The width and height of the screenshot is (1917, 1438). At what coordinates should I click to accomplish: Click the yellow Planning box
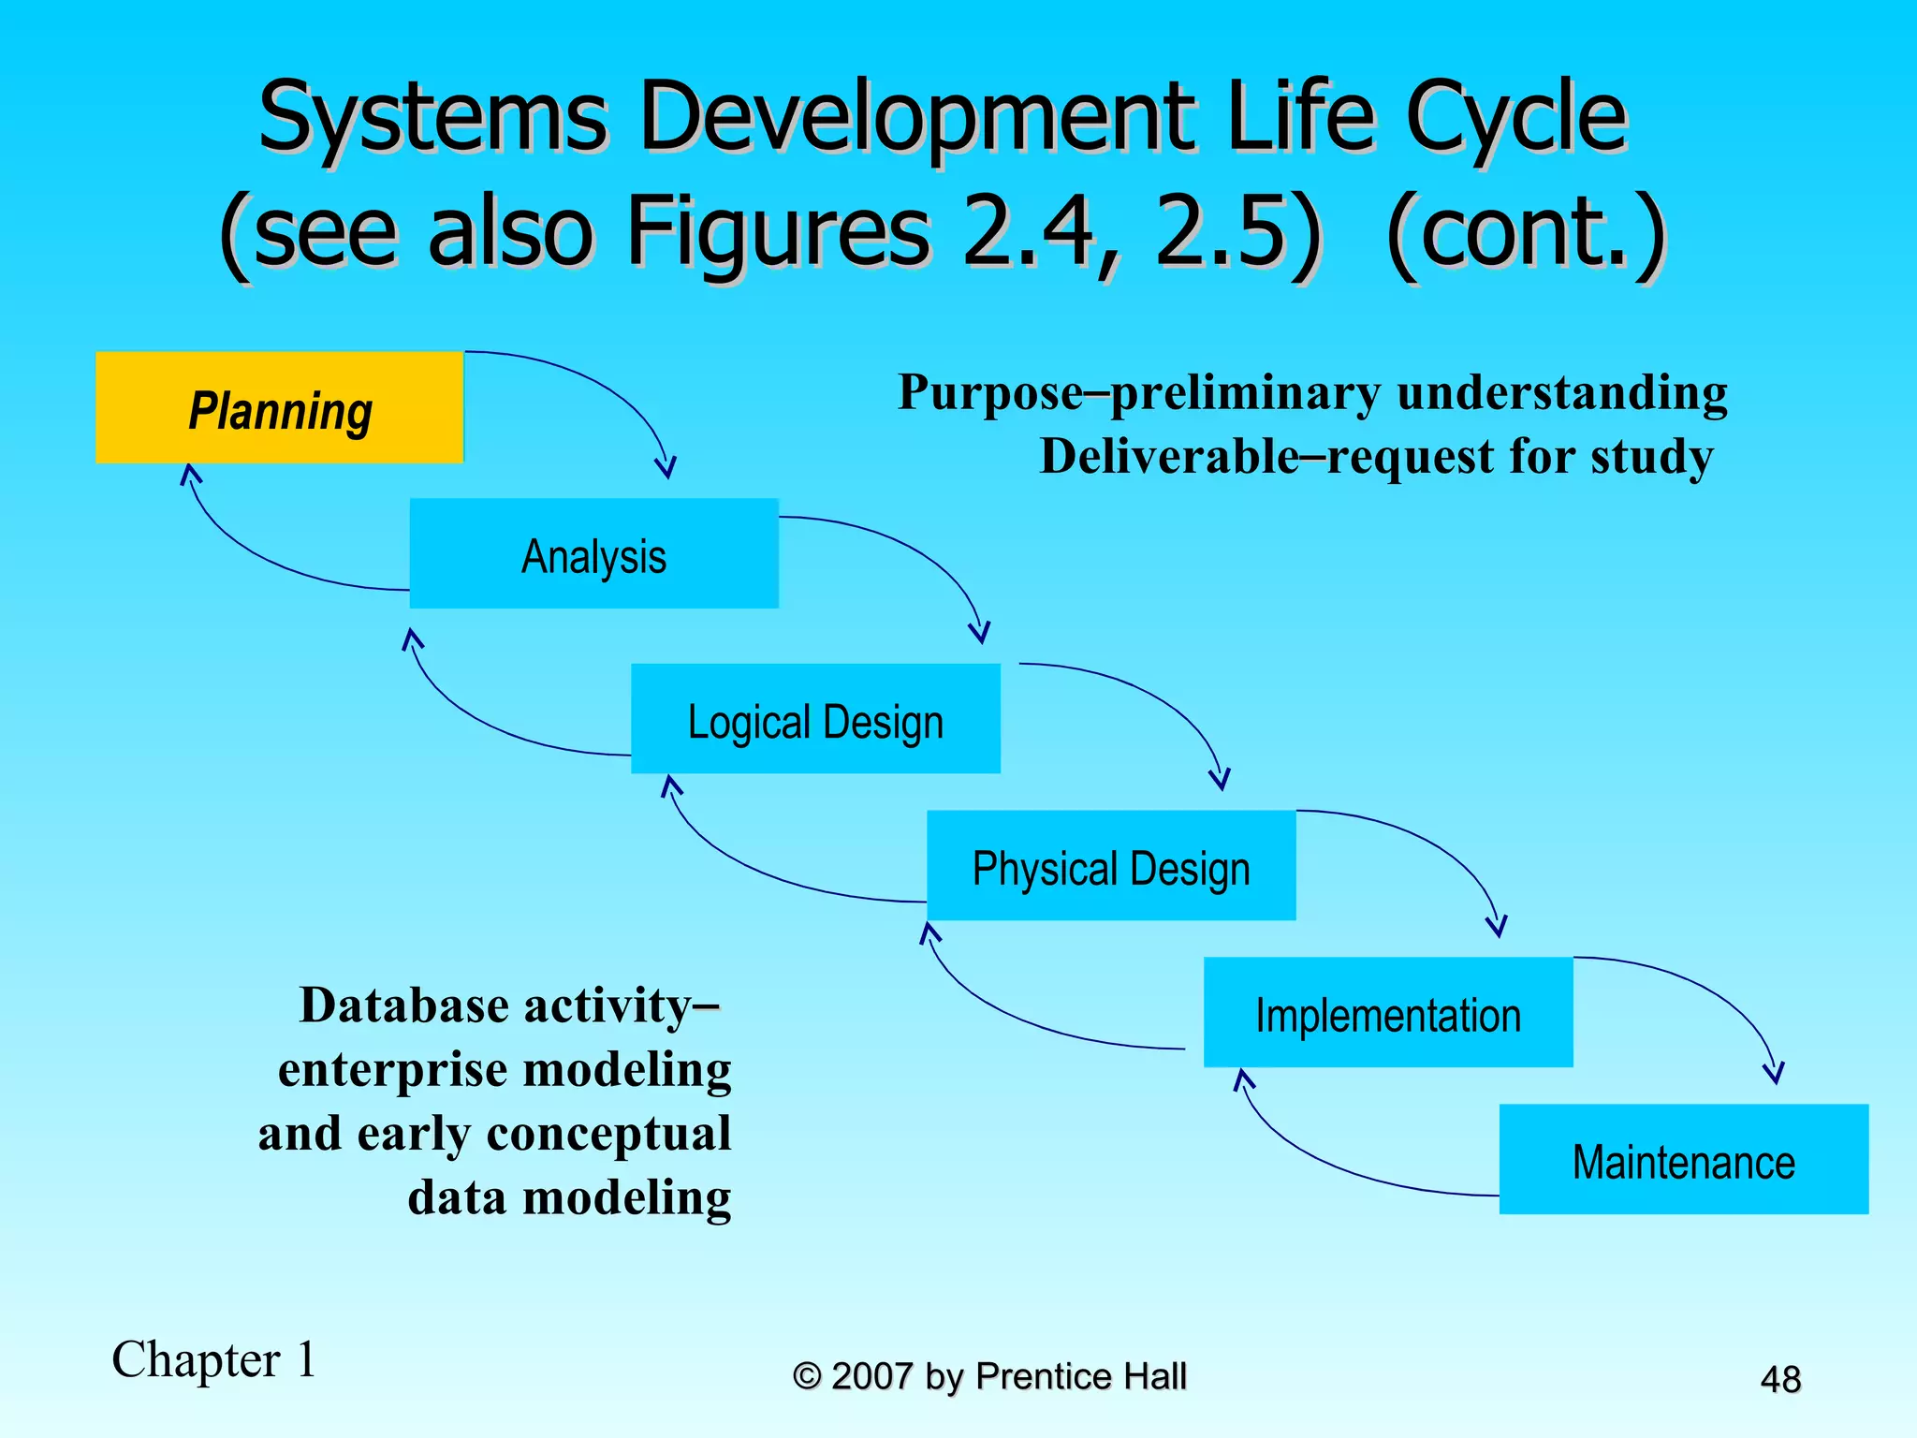point(279,408)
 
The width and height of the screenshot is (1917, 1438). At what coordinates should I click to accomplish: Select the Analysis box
point(593,554)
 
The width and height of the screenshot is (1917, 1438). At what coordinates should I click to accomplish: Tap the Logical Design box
point(815,719)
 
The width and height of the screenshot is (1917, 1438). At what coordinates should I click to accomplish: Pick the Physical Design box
point(1111,866)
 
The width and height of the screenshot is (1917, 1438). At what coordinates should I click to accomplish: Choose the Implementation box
point(1388,1013)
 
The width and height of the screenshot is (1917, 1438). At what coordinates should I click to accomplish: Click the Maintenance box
point(1683,1160)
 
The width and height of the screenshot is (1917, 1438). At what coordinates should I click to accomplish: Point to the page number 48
point(1780,1379)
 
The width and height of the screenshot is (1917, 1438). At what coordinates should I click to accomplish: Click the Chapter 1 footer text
point(214,1359)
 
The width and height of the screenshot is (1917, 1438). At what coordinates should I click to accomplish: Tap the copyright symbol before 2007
point(807,1376)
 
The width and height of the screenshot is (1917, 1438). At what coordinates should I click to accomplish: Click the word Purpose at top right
point(990,392)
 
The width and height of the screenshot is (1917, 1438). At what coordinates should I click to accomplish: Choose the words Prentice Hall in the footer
point(1081,1376)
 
